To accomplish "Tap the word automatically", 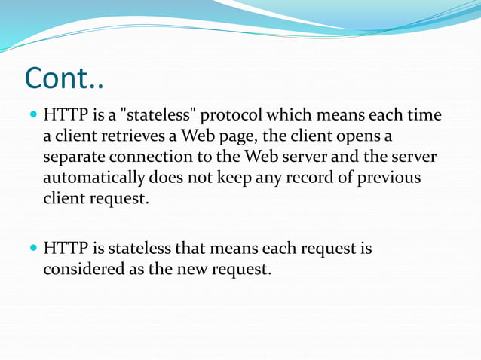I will tap(93, 179).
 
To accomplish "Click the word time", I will tap(425, 117).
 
